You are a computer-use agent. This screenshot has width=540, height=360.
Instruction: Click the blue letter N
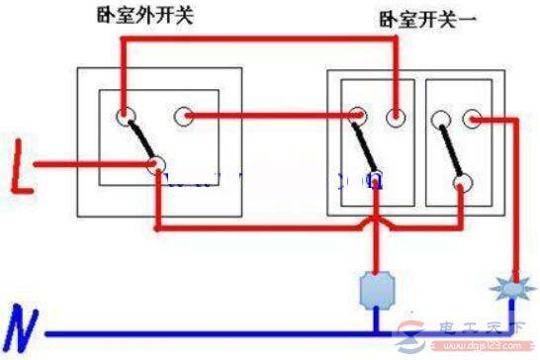[23, 325]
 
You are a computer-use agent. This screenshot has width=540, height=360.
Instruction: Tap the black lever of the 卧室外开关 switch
[140, 141]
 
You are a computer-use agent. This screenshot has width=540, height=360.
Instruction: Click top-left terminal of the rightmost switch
[440, 119]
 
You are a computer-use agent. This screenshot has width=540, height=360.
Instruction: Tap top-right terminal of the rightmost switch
[473, 119]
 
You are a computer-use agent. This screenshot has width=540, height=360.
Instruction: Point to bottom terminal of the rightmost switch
[459, 181]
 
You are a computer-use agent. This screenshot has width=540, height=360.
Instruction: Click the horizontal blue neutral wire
[247, 333]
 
